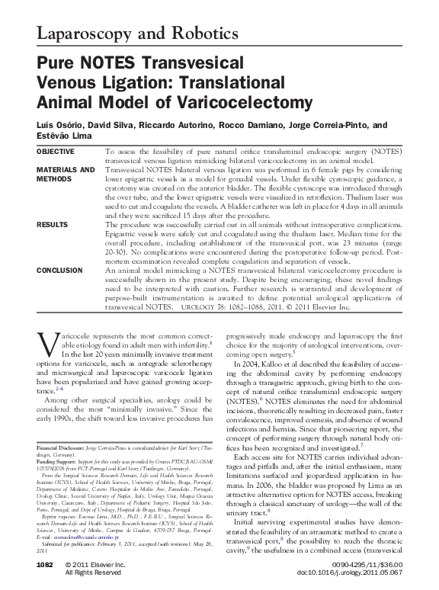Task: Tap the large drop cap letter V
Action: tap(46, 344)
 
